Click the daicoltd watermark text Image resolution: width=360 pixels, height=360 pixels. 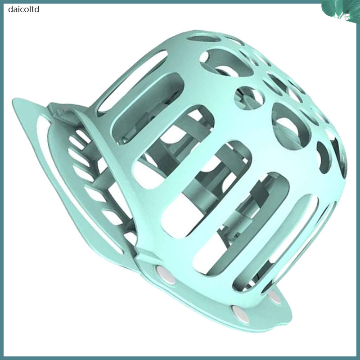tap(24, 9)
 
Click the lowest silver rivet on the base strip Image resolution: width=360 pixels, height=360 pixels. tap(240, 313)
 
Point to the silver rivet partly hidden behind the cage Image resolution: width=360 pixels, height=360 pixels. tap(275, 297)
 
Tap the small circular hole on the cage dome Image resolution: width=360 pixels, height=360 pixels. tap(249, 98)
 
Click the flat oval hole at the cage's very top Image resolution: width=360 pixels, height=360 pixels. tap(204, 39)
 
